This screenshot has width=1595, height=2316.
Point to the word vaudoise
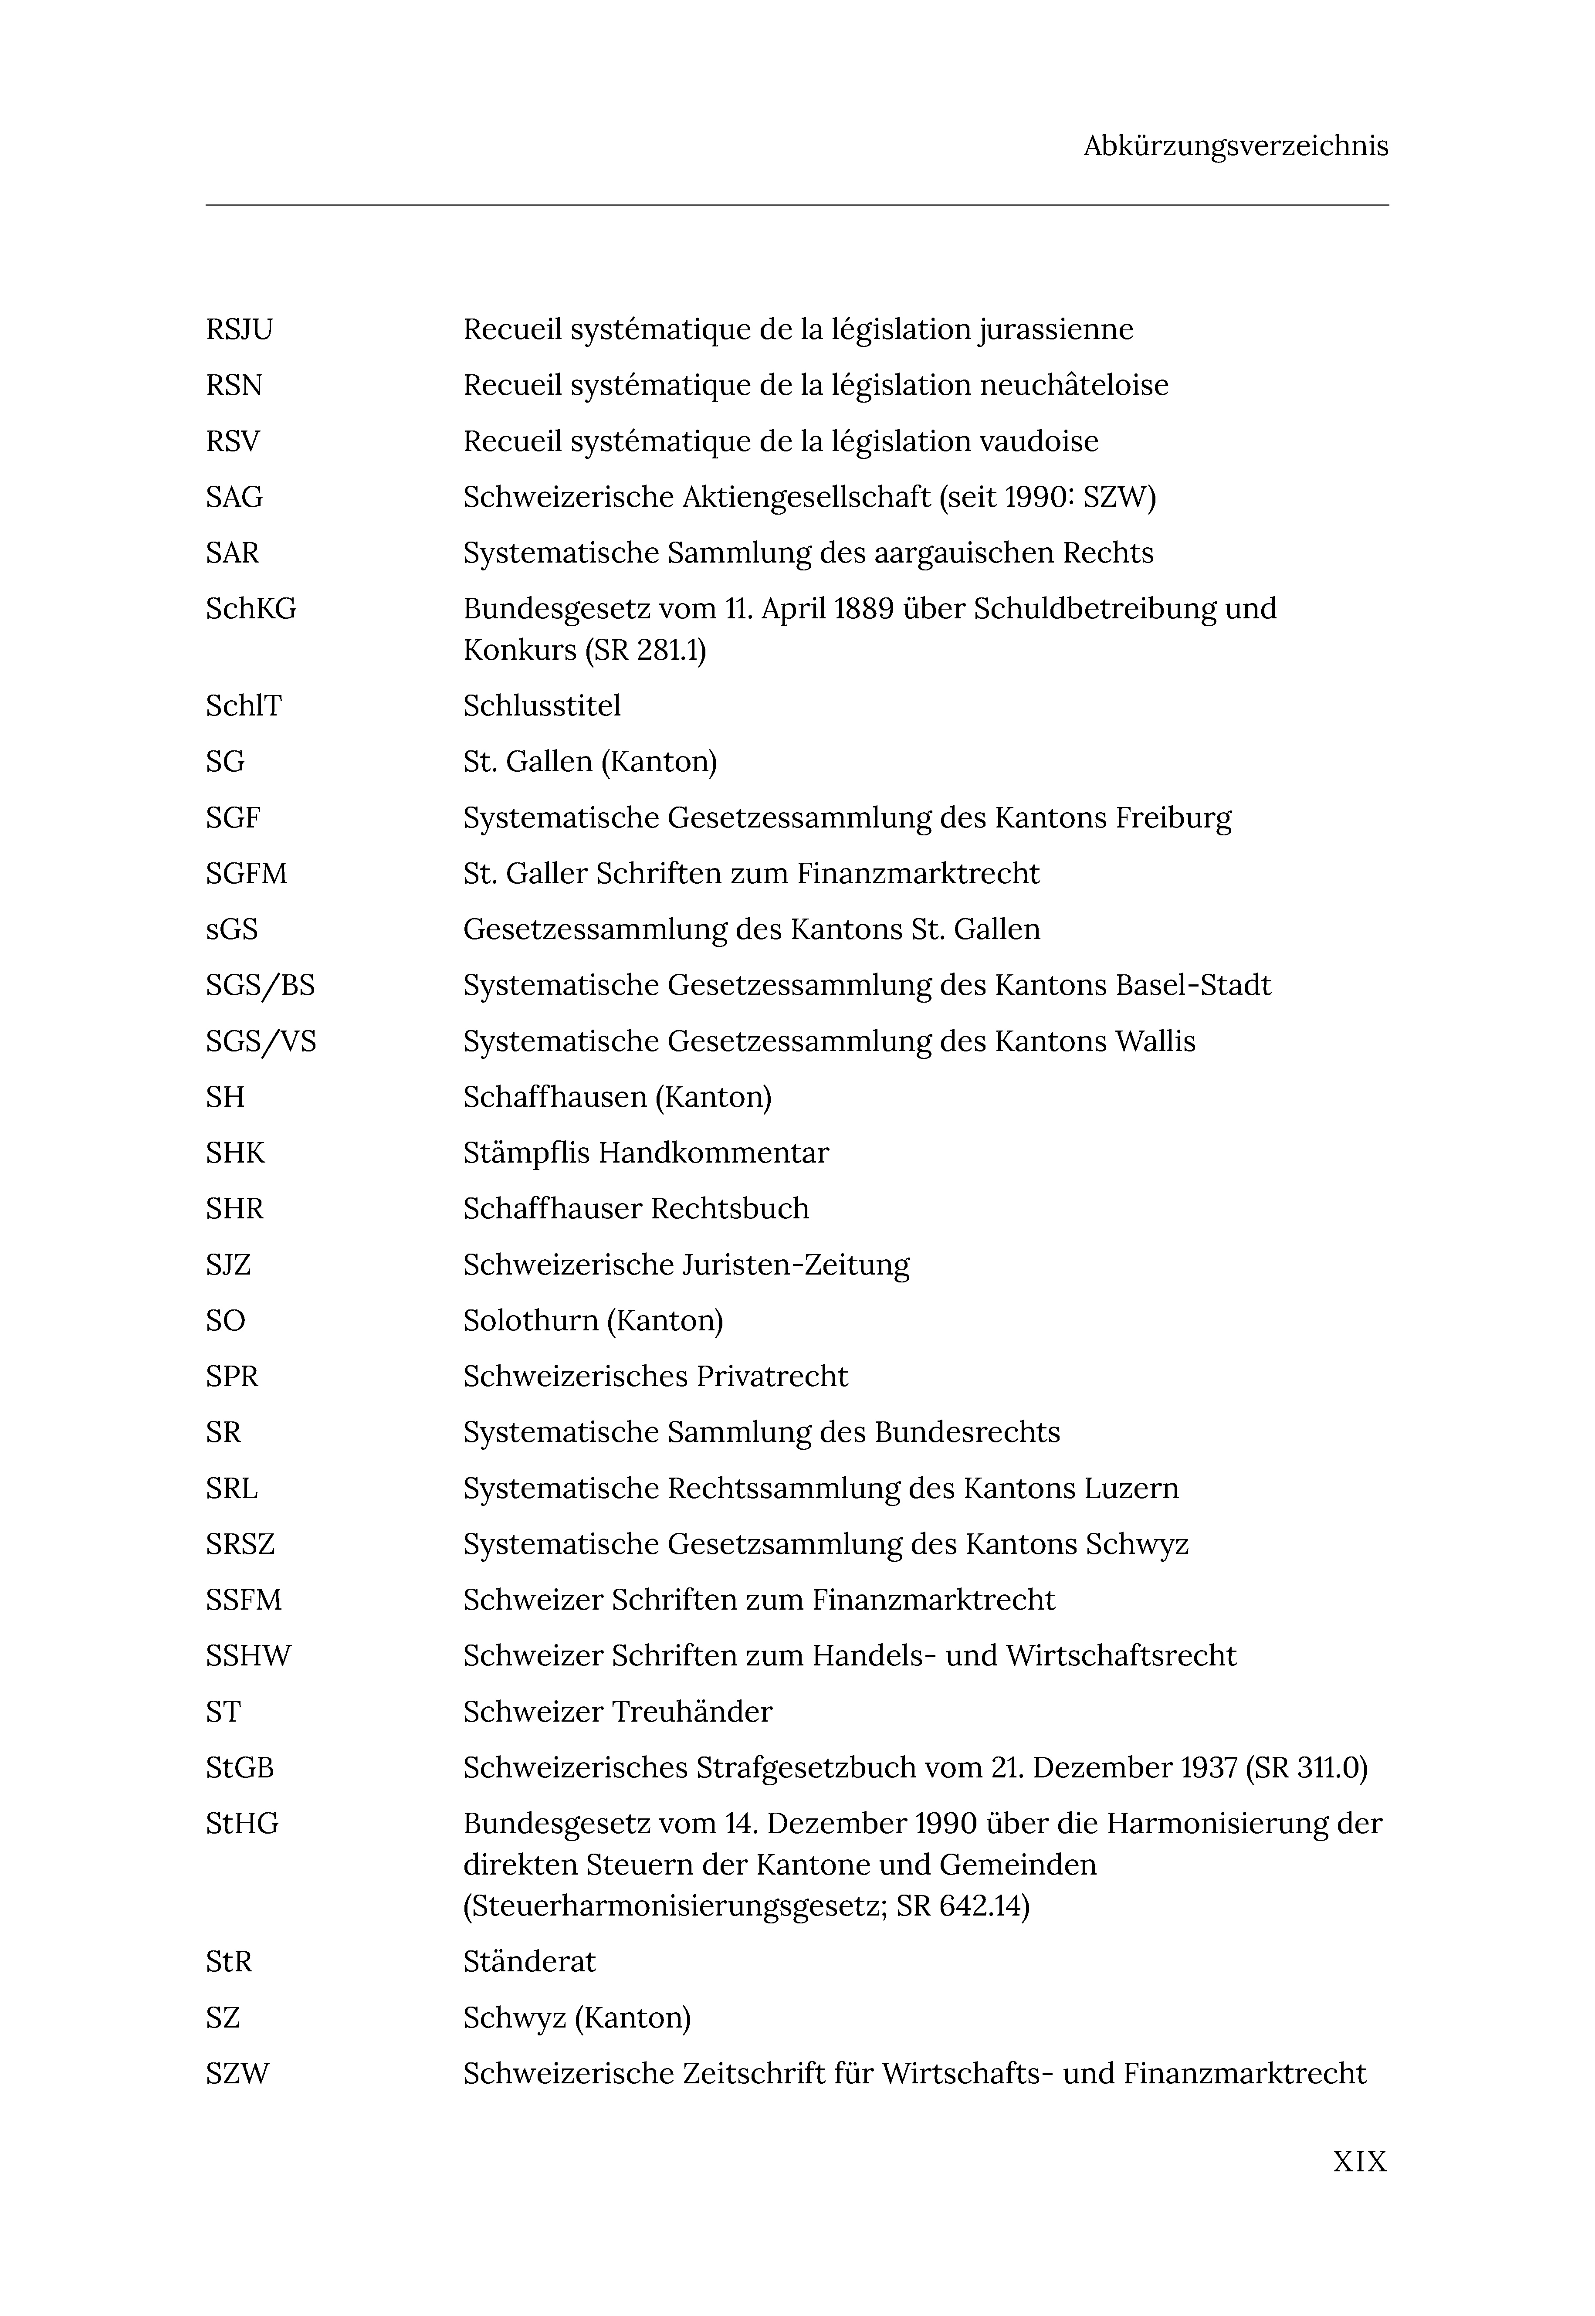pyautogui.click(x=1038, y=442)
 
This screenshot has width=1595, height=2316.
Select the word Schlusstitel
pyautogui.click(x=542, y=706)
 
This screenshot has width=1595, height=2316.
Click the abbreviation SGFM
pyautogui.click(x=246, y=874)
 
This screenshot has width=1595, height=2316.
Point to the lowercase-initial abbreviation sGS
pyautogui.click(x=232, y=929)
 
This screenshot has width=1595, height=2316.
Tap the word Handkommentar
pyautogui.click(x=714, y=1153)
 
